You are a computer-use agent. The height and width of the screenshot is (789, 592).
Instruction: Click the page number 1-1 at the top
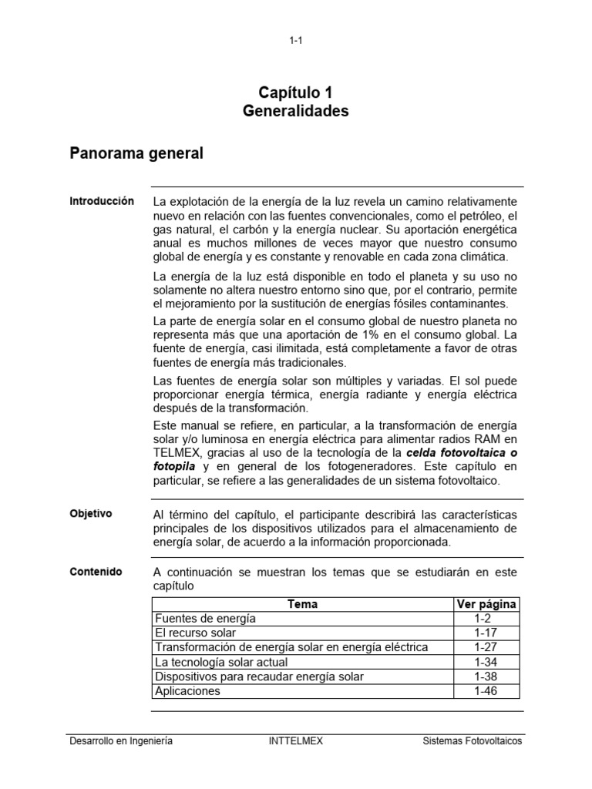click(296, 41)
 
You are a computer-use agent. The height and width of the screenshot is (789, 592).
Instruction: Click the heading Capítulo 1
click(295, 92)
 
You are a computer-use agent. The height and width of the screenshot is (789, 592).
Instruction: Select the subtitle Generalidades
click(295, 111)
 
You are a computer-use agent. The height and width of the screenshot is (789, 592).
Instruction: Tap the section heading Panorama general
click(136, 153)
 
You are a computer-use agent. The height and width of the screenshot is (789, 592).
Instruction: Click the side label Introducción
click(102, 201)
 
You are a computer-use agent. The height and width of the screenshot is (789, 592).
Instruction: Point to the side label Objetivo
click(91, 512)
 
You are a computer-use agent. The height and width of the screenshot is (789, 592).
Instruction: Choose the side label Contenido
click(96, 572)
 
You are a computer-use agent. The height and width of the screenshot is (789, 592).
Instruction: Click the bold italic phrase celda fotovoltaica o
click(461, 453)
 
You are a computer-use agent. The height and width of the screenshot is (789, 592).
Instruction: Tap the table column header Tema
click(302, 605)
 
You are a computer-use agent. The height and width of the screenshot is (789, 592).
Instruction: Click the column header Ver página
click(486, 605)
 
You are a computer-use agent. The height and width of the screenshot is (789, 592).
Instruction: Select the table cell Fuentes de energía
click(205, 619)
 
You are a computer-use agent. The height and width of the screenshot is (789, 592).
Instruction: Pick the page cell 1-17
click(486, 633)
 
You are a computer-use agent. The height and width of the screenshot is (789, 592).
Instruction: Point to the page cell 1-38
click(486, 677)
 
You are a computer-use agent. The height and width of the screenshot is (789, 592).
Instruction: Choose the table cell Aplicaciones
click(187, 691)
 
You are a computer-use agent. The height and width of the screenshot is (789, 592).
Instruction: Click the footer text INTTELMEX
click(295, 741)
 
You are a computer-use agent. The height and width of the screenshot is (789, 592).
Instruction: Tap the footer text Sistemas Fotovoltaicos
click(473, 741)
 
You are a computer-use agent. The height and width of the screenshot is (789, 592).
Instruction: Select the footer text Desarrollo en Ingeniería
click(121, 741)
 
